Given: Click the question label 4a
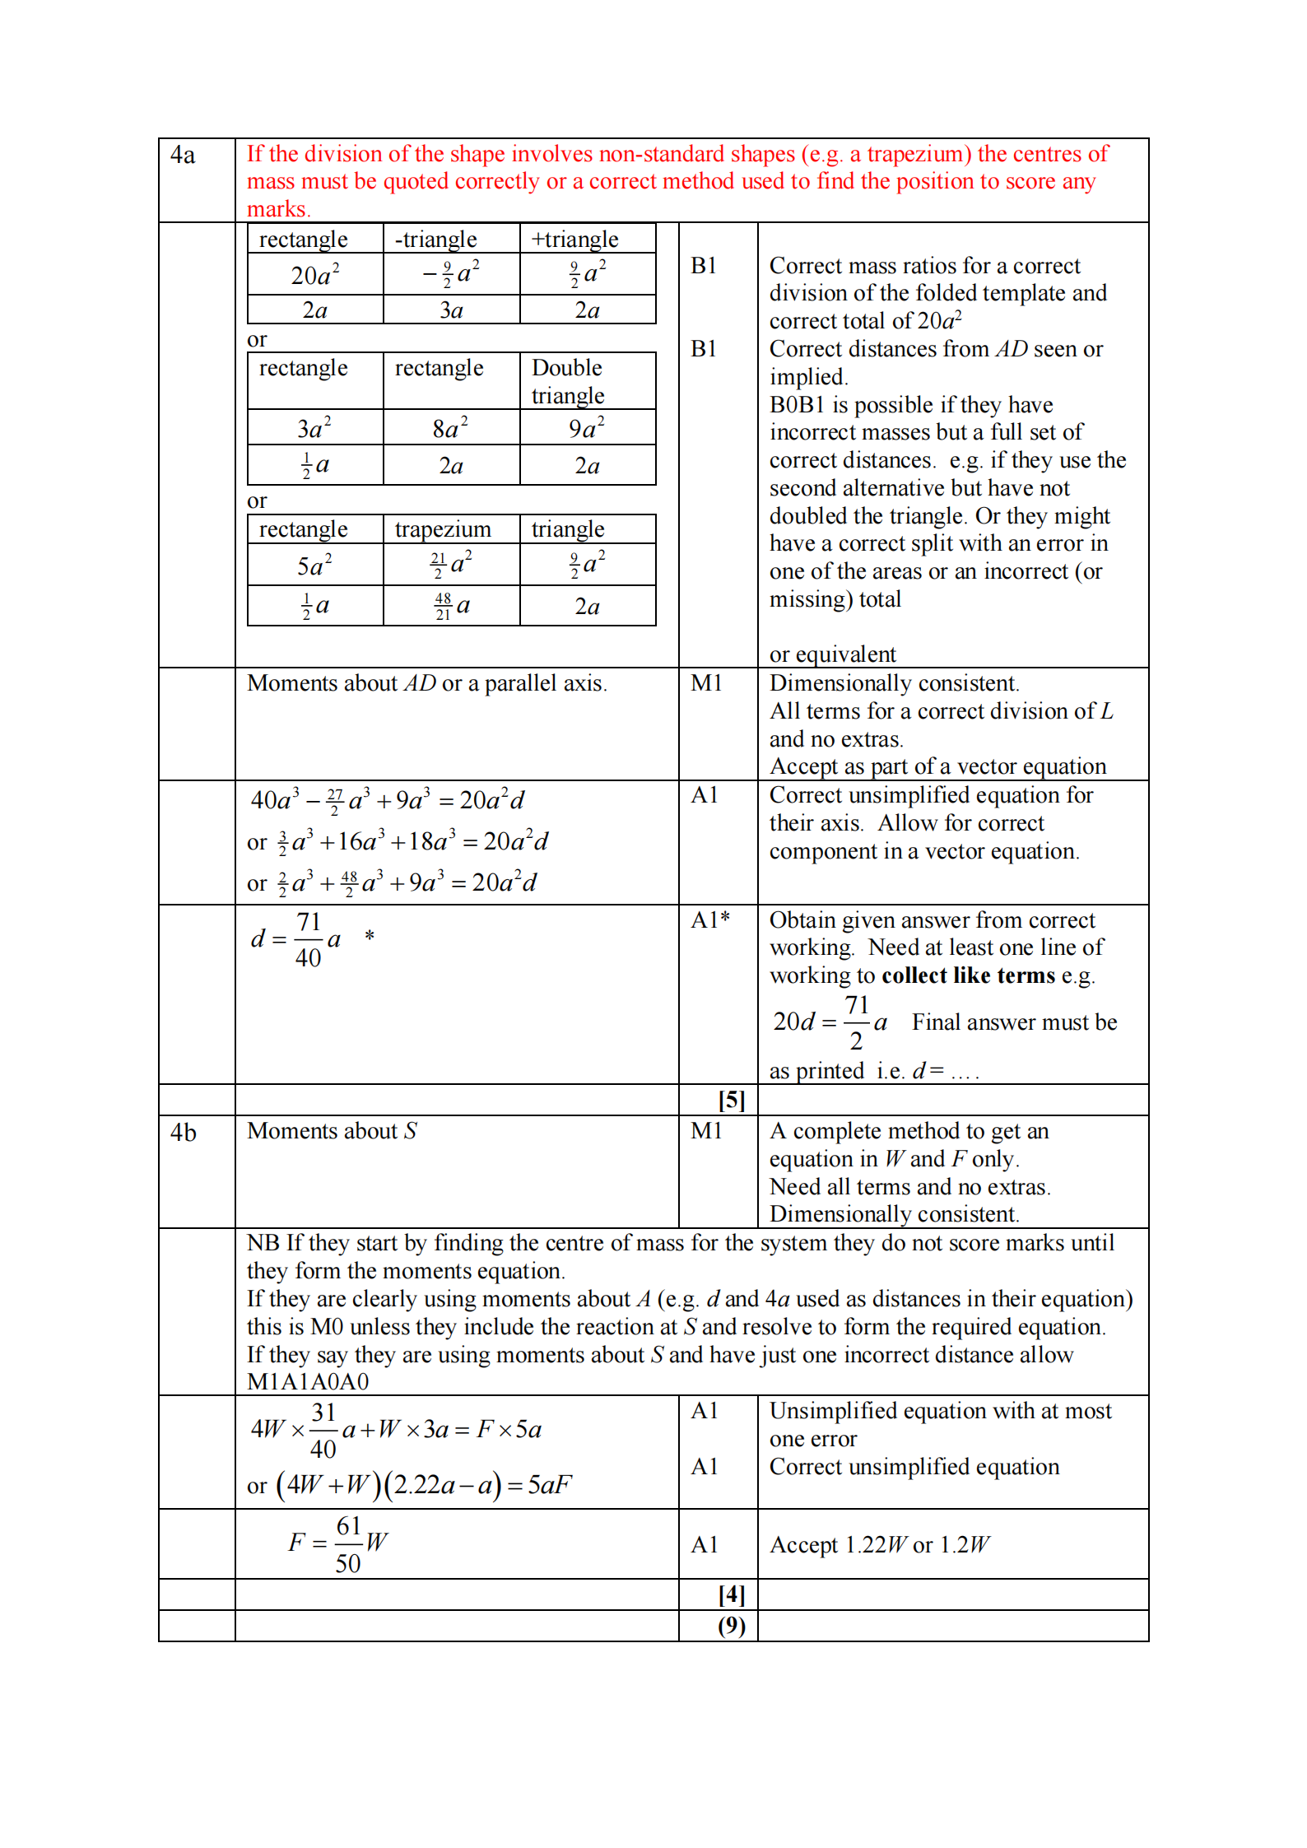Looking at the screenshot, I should (x=183, y=156).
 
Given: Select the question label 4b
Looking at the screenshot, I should (x=184, y=1133).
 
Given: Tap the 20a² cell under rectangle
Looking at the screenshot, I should (x=315, y=275).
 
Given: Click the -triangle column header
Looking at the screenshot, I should (x=436, y=240).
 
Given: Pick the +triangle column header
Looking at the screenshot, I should (x=575, y=240).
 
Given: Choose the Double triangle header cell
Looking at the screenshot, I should (x=568, y=381).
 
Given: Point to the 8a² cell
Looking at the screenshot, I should (x=450, y=428).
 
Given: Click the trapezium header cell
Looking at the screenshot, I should (x=443, y=529).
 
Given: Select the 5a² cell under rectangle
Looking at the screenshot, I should (x=315, y=566).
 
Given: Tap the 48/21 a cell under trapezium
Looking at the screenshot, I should (x=452, y=606).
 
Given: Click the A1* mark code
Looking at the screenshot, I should (x=710, y=920).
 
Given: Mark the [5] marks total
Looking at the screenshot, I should (x=731, y=1100).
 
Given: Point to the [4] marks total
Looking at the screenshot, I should (x=731, y=1594).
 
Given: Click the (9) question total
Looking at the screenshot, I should (x=731, y=1626).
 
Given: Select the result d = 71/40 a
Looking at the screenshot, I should (x=297, y=939).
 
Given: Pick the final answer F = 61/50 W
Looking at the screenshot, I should (x=338, y=1543).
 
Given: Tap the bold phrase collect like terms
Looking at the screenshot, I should (x=968, y=975).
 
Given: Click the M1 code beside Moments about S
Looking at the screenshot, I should (x=706, y=1131).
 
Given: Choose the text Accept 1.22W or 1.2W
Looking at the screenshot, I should (x=879, y=1545).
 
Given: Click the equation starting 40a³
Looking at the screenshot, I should (x=388, y=800).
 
